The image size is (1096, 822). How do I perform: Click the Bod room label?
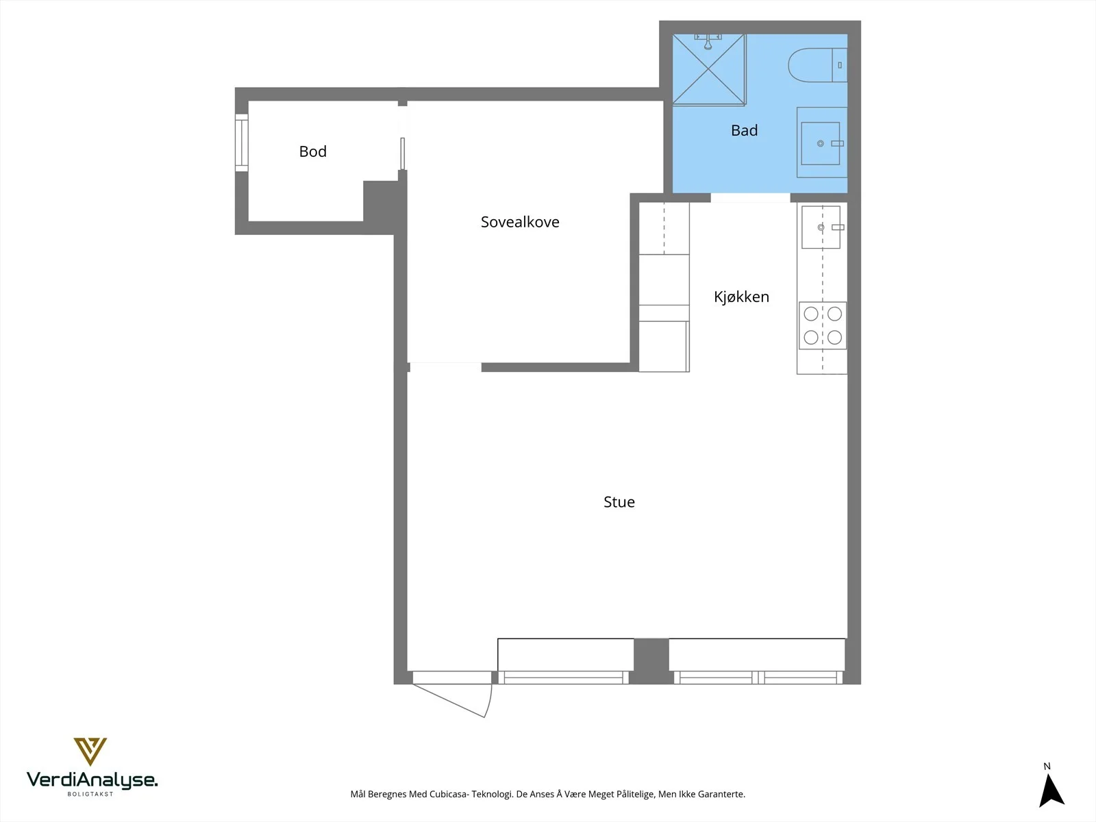312,151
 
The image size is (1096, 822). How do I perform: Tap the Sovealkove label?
520,221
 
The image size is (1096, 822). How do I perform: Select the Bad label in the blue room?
744,130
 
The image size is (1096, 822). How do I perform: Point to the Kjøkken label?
741,297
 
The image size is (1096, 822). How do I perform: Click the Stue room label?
619,501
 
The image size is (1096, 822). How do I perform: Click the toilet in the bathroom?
817,65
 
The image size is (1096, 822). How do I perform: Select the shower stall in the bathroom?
708,69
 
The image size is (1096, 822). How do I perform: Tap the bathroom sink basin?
821,143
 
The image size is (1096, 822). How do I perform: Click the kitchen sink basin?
821,227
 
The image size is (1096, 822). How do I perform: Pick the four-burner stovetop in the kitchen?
823,325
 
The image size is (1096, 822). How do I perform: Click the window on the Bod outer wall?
242,142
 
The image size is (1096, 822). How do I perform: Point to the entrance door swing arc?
489,701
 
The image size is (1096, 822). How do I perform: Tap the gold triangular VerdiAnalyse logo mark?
90,751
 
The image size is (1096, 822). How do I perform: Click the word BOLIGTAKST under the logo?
90,794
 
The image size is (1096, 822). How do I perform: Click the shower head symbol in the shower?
708,42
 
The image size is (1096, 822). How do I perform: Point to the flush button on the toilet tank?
840,65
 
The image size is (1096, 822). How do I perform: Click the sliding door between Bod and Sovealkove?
403,153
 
